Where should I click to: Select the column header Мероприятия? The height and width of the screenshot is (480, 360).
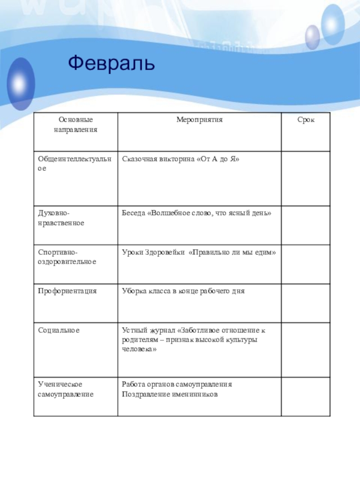click(x=199, y=120)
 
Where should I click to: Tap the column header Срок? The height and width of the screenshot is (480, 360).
click(x=306, y=120)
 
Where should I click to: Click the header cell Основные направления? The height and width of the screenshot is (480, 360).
click(x=75, y=124)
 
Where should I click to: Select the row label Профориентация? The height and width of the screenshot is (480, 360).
click(x=67, y=291)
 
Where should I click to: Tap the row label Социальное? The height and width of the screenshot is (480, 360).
click(x=58, y=330)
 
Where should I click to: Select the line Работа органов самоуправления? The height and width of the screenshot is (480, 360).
click(x=176, y=385)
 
